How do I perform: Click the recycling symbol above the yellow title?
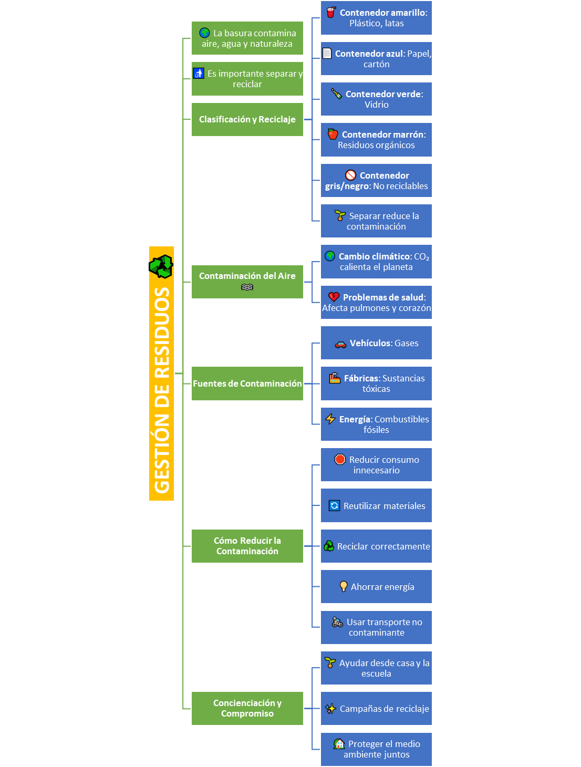tap(161, 266)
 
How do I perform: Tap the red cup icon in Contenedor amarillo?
tap(331, 12)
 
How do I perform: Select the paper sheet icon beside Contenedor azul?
tap(327, 53)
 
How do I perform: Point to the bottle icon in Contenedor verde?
tap(336, 94)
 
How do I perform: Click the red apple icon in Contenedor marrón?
tap(333, 134)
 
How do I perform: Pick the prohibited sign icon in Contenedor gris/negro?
tap(350, 175)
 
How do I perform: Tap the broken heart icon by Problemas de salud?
tap(334, 297)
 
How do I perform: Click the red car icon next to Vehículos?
tap(340, 345)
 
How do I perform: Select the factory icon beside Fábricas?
tap(334, 378)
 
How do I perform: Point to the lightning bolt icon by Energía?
tap(330, 419)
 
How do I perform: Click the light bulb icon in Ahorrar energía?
tap(344, 586)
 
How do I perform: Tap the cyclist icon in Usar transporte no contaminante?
tap(337, 622)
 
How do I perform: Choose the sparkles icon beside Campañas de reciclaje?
tap(330, 708)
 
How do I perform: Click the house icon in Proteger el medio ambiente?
tap(338, 743)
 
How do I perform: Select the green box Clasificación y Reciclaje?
tap(247, 119)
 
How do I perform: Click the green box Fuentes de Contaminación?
tap(247, 383)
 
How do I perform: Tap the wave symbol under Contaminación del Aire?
tap(247, 287)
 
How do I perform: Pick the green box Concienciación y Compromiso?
tap(247, 708)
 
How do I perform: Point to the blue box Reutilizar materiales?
tap(376, 505)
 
